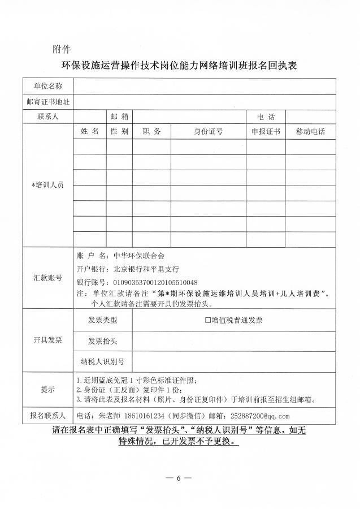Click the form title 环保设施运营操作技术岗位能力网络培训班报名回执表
[179, 65]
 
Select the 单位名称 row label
[48, 87]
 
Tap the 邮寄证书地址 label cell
[48, 102]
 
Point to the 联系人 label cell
[48, 117]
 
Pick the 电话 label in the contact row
[266, 117]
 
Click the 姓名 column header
[89, 131]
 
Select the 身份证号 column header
[208, 131]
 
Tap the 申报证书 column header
[266, 131]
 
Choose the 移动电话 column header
[310, 131]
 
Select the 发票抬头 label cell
[102, 341]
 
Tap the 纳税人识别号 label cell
[102, 361]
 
